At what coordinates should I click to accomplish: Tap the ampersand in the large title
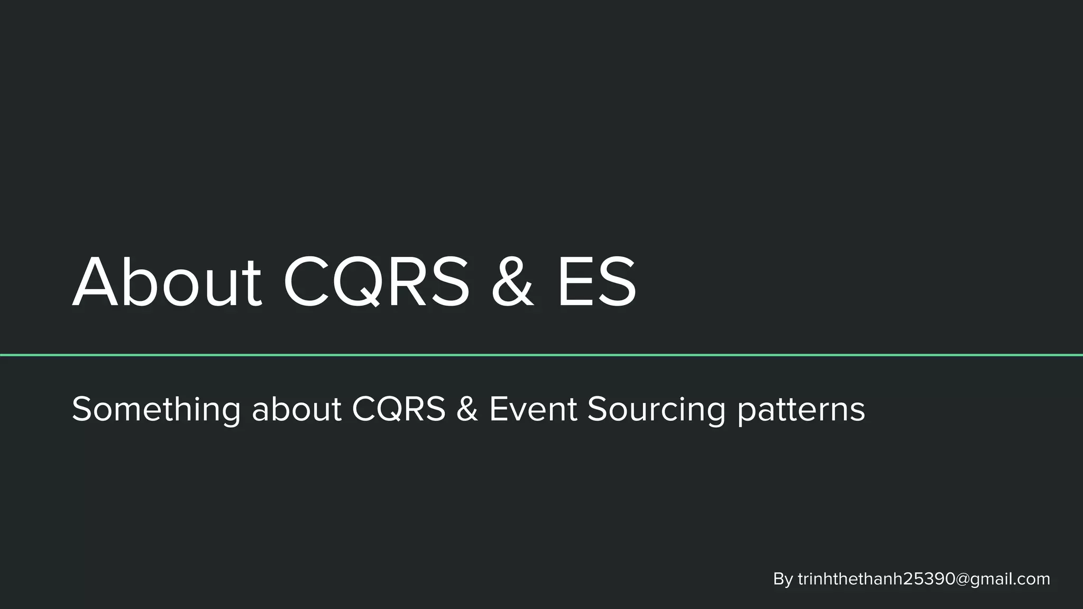(x=512, y=283)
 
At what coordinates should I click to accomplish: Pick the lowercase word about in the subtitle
(x=297, y=409)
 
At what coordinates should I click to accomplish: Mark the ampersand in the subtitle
(x=467, y=409)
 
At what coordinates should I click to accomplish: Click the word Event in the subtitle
(x=533, y=409)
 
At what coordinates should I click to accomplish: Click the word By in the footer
(x=783, y=579)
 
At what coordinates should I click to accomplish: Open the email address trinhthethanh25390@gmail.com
(x=923, y=579)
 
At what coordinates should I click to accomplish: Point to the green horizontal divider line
(x=541, y=355)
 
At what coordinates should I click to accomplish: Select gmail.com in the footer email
(x=1009, y=580)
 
